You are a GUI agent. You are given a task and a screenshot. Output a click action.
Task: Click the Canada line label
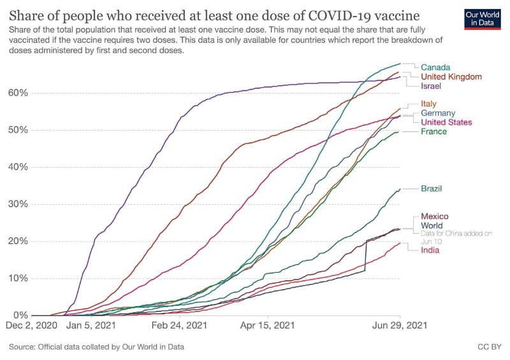pyautogui.click(x=435, y=68)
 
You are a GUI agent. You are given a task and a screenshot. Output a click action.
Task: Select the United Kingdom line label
pyautogui.click(x=451, y=76)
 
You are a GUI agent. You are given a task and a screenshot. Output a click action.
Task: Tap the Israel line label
pyautogui.click(x=431, y=86)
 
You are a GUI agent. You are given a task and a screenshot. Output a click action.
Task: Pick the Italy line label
pyautogui.click(x=428, y=104)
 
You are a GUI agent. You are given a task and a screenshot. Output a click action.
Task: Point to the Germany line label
pyautogui.click(x=437, y=113)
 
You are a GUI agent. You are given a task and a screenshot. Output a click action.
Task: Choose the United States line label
pyautogui.click(x=446, y=122)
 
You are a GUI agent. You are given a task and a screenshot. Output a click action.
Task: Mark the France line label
pyautogui.click(x=433, y=132)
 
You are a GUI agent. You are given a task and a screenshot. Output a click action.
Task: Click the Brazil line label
pyautogui.click(x=432, y=189)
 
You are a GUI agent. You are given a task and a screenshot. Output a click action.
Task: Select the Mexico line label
pyautogui.click(x=434, y=217)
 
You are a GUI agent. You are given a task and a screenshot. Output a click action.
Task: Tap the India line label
pyautogui.click(x=430, y=250)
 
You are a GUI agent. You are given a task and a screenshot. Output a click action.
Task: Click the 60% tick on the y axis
pyautogui.click(x=18, y=93)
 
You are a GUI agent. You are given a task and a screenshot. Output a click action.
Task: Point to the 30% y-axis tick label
pyautogui.click(x=18, y=205)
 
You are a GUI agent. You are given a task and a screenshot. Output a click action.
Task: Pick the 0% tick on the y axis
pyautogui.click(x=20, y=315)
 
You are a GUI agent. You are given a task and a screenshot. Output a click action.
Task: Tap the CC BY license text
pyautogui.click(x=488, y=347)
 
